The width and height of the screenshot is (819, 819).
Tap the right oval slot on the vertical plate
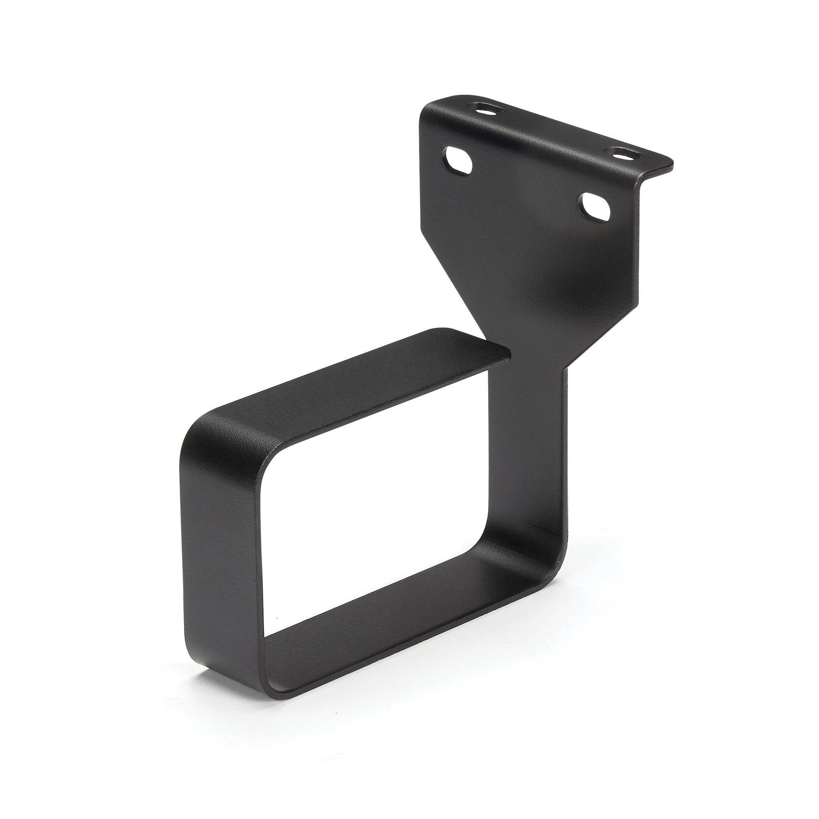(x=596, y=207)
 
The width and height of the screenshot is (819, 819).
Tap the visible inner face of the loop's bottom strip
(x=382, y=610)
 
